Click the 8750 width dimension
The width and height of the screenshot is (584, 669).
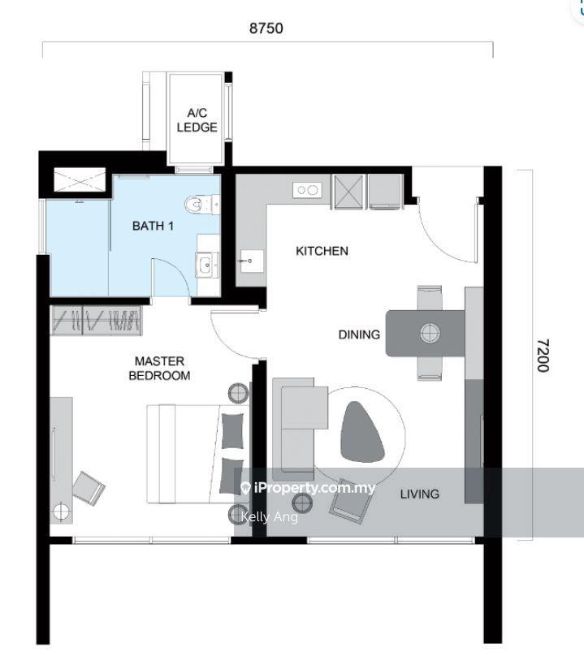[x=266, y=28]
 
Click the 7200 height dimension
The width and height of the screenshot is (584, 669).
[x=543, y=356]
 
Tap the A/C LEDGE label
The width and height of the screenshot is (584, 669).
[x=197, y=120]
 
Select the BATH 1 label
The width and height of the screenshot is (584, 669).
[x=153, y=226]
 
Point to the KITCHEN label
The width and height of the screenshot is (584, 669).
[x=322, y=251]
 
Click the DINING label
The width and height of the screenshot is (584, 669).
[x=359, y=334]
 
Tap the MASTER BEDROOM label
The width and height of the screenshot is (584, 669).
[x=159, y=369]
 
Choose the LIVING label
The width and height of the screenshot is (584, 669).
[x=420, y=494]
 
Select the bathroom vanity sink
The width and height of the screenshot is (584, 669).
[x=207, y=265]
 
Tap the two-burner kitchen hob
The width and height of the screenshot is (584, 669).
[x=307, y=190]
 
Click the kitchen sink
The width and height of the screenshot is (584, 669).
[x=252, y=261]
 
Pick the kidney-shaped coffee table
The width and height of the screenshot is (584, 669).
[x=362, y=432]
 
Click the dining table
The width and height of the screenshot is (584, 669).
[x=426, y=333]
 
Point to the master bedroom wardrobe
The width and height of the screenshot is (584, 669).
[x=97, y=321]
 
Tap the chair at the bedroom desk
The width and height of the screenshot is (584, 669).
[x=89, y=489]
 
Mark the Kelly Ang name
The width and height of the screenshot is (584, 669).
[x=270, y=517]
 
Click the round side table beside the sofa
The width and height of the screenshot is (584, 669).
[x=302, y=503]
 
